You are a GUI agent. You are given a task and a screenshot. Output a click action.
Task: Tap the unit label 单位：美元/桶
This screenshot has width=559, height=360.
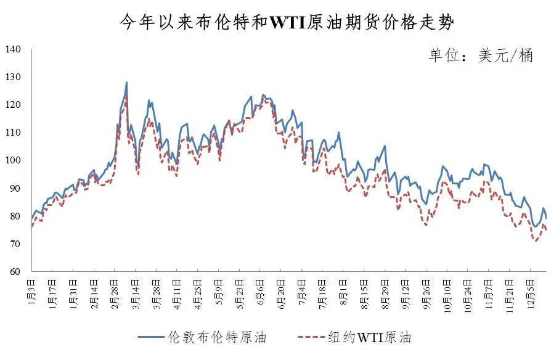pyautogui.click(x=481, y=55)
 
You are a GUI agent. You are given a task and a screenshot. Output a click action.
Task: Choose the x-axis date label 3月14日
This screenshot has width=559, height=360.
pyautogui.click(x=135, y=290)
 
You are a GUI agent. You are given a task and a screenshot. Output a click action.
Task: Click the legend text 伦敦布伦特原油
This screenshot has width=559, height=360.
pyautogui.click(x=216, y=337)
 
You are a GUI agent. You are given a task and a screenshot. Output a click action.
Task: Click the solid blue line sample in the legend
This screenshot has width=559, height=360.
pyautogui.click(x=150, y=338)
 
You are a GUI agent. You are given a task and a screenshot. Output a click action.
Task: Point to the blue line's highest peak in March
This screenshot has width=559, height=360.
pyautogui.click(x=126, y=83)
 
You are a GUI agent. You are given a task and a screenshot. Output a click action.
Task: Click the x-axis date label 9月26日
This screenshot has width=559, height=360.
pyautogui.click(x=426, y=290)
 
